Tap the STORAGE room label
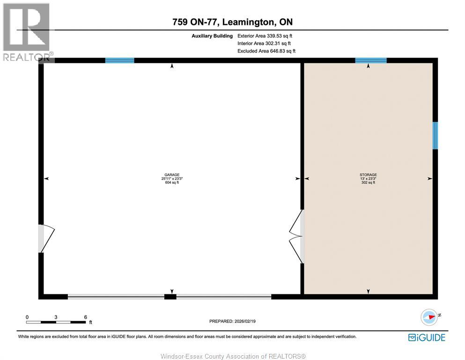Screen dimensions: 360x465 coord(368,174)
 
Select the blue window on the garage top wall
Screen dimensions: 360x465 coord(119,60)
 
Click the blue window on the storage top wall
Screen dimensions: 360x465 coord(370,60)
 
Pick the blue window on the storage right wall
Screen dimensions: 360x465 coord(435,135)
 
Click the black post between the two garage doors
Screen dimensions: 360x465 coord(170,297)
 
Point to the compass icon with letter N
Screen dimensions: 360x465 coord(429,317)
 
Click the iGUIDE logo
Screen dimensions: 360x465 coord(427,337)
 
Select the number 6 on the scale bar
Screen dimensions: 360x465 coord(85,317)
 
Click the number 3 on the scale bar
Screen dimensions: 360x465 coord(56,317)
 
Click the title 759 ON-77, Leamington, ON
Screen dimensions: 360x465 coord(232,22)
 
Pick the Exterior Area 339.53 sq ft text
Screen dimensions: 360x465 coord(266,36)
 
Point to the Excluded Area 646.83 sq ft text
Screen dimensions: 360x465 coord(266,51)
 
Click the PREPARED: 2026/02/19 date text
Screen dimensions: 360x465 coord(232,321)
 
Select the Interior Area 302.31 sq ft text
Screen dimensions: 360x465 coord(265,43)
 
